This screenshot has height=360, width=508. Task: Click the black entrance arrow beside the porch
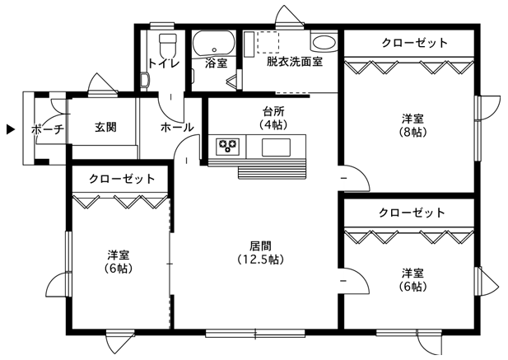(x=11, y=129)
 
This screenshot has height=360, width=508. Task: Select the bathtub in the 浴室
(x=214, y=44)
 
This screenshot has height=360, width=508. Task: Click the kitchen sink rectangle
(x=276, y=147)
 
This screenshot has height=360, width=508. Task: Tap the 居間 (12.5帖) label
(x=260, y=253)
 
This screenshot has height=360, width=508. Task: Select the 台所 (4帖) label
(x=273, y=118)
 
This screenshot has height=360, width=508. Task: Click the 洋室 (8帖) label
(x=412, y=125)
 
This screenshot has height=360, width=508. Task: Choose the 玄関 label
(x=105, y=128)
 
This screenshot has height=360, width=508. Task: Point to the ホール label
(x=177, y=128)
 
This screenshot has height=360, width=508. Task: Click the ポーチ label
(x=48, y=129)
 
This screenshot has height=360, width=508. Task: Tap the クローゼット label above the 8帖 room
(x=415, y=43)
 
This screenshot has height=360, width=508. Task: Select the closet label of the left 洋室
(x=122, y=179)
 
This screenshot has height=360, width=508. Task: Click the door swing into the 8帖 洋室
(x=354, y=178)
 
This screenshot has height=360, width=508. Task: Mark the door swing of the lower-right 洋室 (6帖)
(x=354, y=281)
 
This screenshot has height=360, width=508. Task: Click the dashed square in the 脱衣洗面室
(x=268, y=42)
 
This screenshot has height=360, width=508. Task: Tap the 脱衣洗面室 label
(x=295, y=62)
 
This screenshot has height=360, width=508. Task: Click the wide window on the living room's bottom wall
(x=255, y=333)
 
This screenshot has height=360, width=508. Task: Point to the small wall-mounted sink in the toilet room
(x=145, y=80)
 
